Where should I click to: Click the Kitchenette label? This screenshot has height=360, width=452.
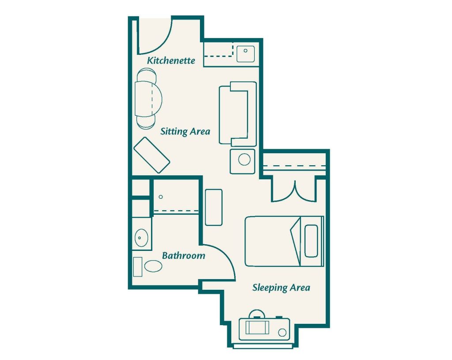point(171,60)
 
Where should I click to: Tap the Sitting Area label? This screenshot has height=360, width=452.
point(185,132)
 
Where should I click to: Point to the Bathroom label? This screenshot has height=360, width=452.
point(184,255)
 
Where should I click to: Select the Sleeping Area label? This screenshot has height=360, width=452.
point(281,288)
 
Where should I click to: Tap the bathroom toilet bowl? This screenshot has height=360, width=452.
point(153,266)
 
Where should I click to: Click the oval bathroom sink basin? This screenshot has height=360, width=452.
point(141,238)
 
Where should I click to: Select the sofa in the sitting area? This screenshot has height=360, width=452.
point(238,114)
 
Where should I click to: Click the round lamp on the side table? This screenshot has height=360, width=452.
point(244,159)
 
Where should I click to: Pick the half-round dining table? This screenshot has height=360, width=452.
point(148,99)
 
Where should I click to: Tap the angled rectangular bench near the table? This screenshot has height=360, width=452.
point(152,155)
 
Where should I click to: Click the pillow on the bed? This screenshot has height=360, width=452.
point(311,241)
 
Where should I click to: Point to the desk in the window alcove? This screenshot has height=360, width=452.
point(264,329)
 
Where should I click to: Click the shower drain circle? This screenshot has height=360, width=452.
point(161,197)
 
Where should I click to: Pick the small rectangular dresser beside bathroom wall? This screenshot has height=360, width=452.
point(214,207)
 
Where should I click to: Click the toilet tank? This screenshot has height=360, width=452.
point(138,266)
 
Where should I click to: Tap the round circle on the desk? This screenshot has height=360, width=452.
point(282,333)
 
